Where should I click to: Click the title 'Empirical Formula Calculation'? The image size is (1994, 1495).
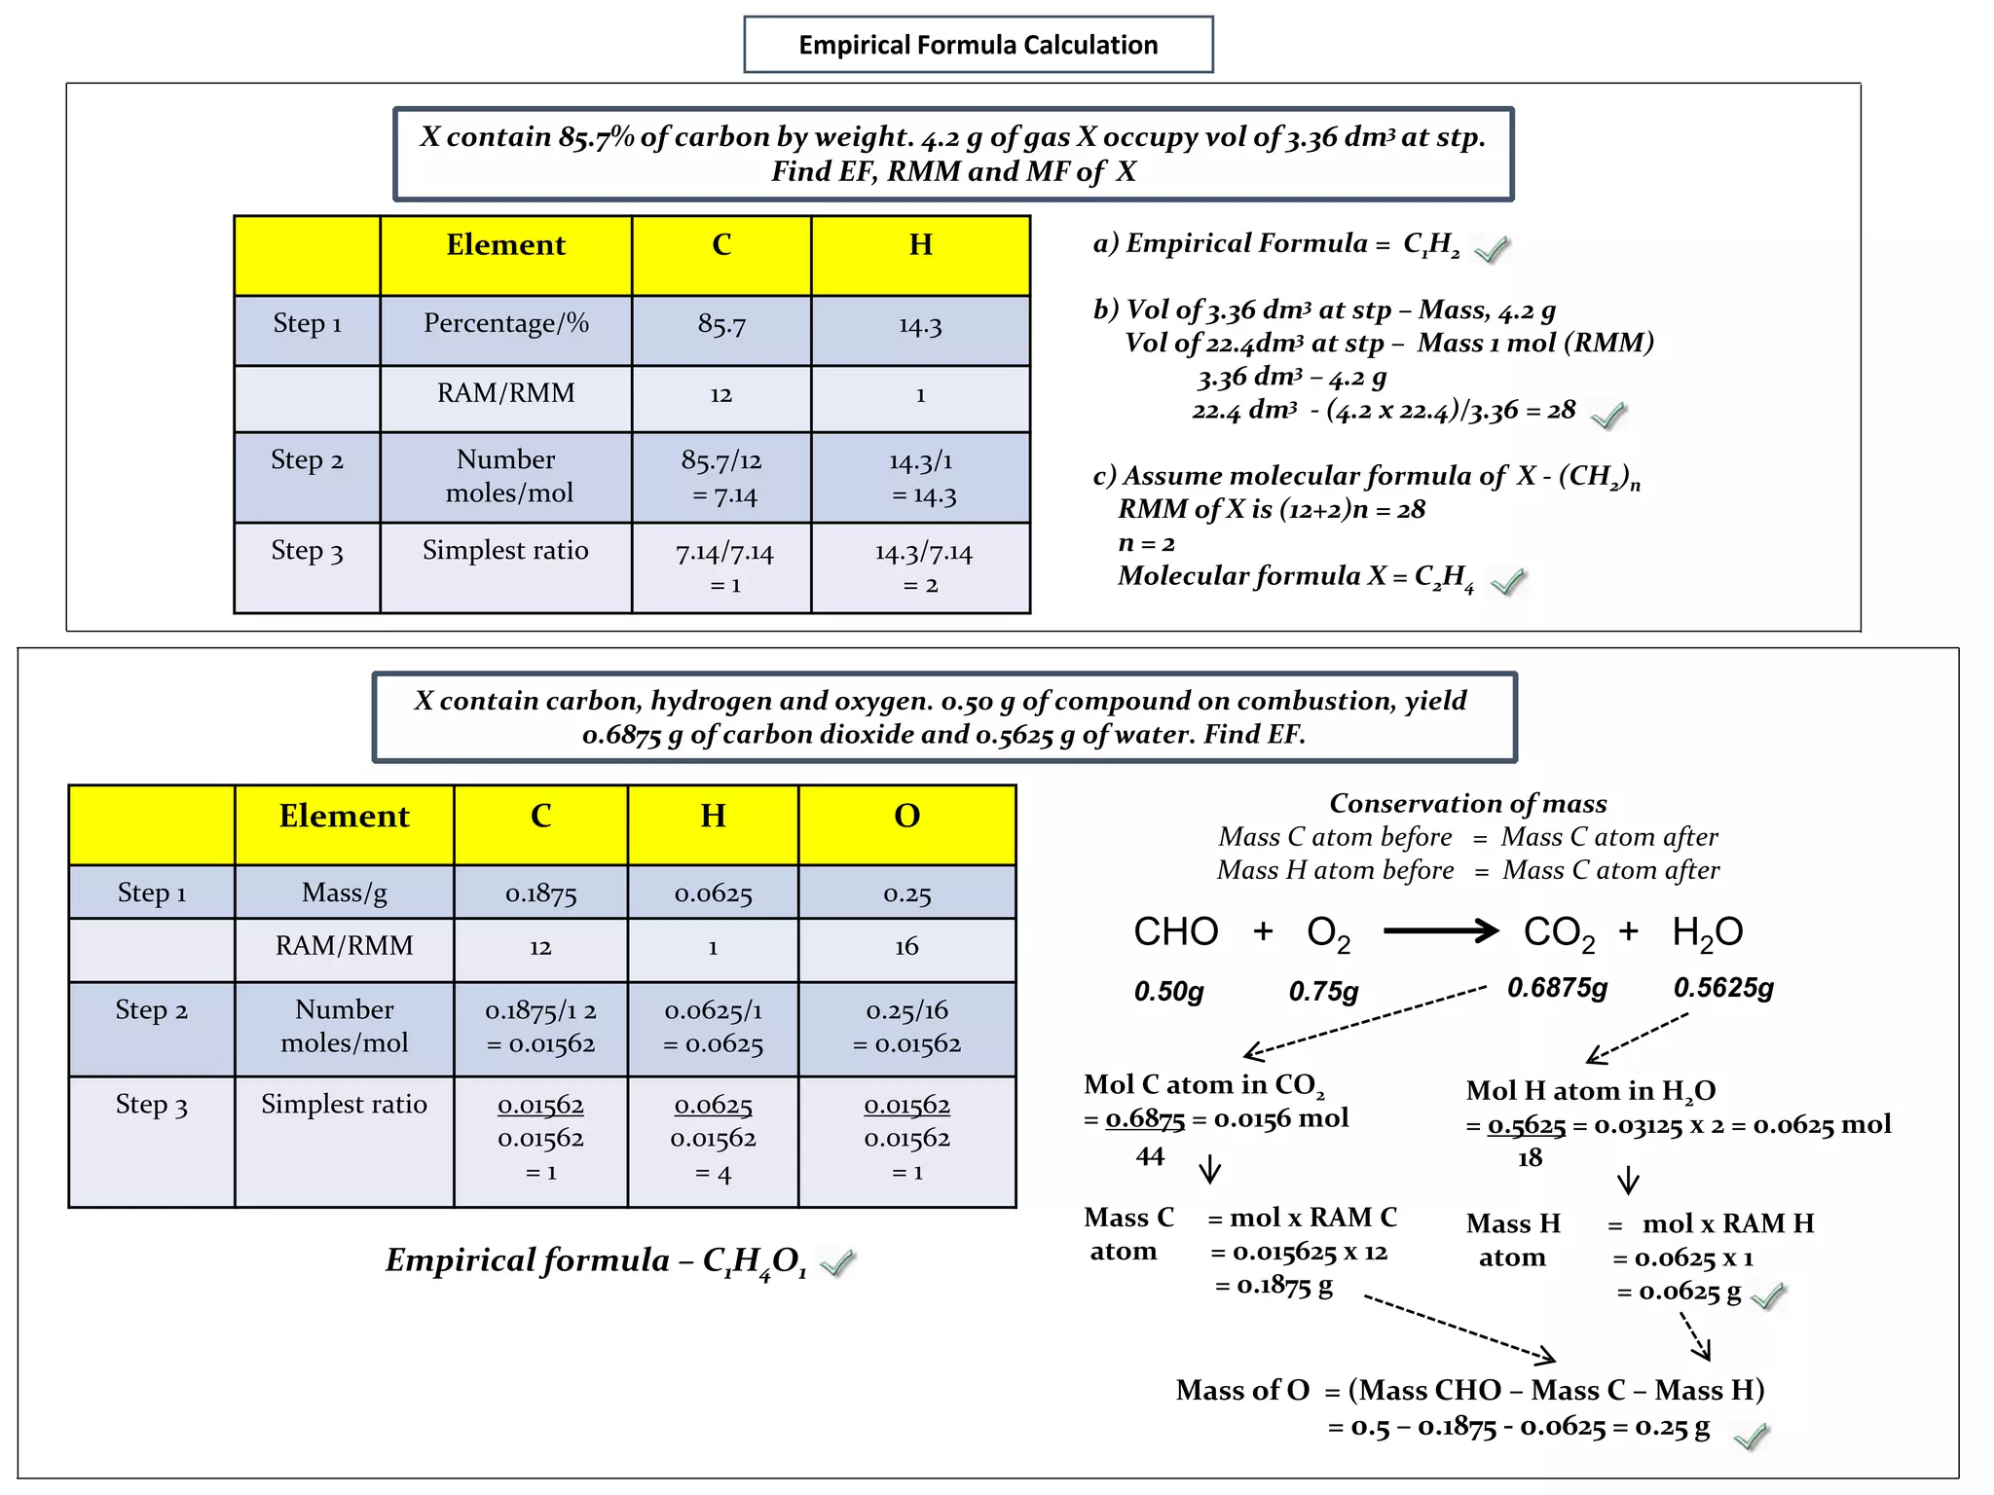(x=978, y=45)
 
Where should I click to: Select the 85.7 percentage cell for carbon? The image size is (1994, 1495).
(x=720, y=325)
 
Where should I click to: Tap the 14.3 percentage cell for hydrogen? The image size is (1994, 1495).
(x=920, y=326)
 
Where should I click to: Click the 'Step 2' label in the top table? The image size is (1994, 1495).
(x=307, y=460)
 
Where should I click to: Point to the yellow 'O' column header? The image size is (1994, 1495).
(x=906, y=816)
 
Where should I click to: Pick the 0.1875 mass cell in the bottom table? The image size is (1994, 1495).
(x=540, y=893)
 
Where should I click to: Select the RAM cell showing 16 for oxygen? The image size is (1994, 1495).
(x=906, y=946)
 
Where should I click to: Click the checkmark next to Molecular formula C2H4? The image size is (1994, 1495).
(x=1508, y=582)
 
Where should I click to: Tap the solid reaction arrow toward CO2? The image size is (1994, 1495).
(x=1440, y=931)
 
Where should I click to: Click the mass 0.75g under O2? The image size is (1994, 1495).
(x=1323, y=991)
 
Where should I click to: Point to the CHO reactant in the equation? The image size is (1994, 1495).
(x=1175, y=932)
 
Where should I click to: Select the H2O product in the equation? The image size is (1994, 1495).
(x=1707, y=932)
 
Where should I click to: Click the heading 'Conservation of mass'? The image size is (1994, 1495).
(x=1467, y=803)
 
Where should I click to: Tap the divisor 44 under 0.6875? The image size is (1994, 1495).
(x=1150, y=1156)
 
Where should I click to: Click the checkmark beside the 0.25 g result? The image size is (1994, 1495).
(x=1751, y=1436)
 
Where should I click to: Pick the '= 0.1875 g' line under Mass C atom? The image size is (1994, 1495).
(x=1274, y=1286)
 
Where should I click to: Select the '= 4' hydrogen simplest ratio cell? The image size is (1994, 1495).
(x=713, y=1174)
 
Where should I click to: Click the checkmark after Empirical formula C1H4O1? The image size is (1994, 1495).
(x=837, y=1263)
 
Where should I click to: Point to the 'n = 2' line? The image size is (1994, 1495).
(x=1146, y=543)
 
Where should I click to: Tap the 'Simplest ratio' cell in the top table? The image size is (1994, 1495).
(x=505, y=551)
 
